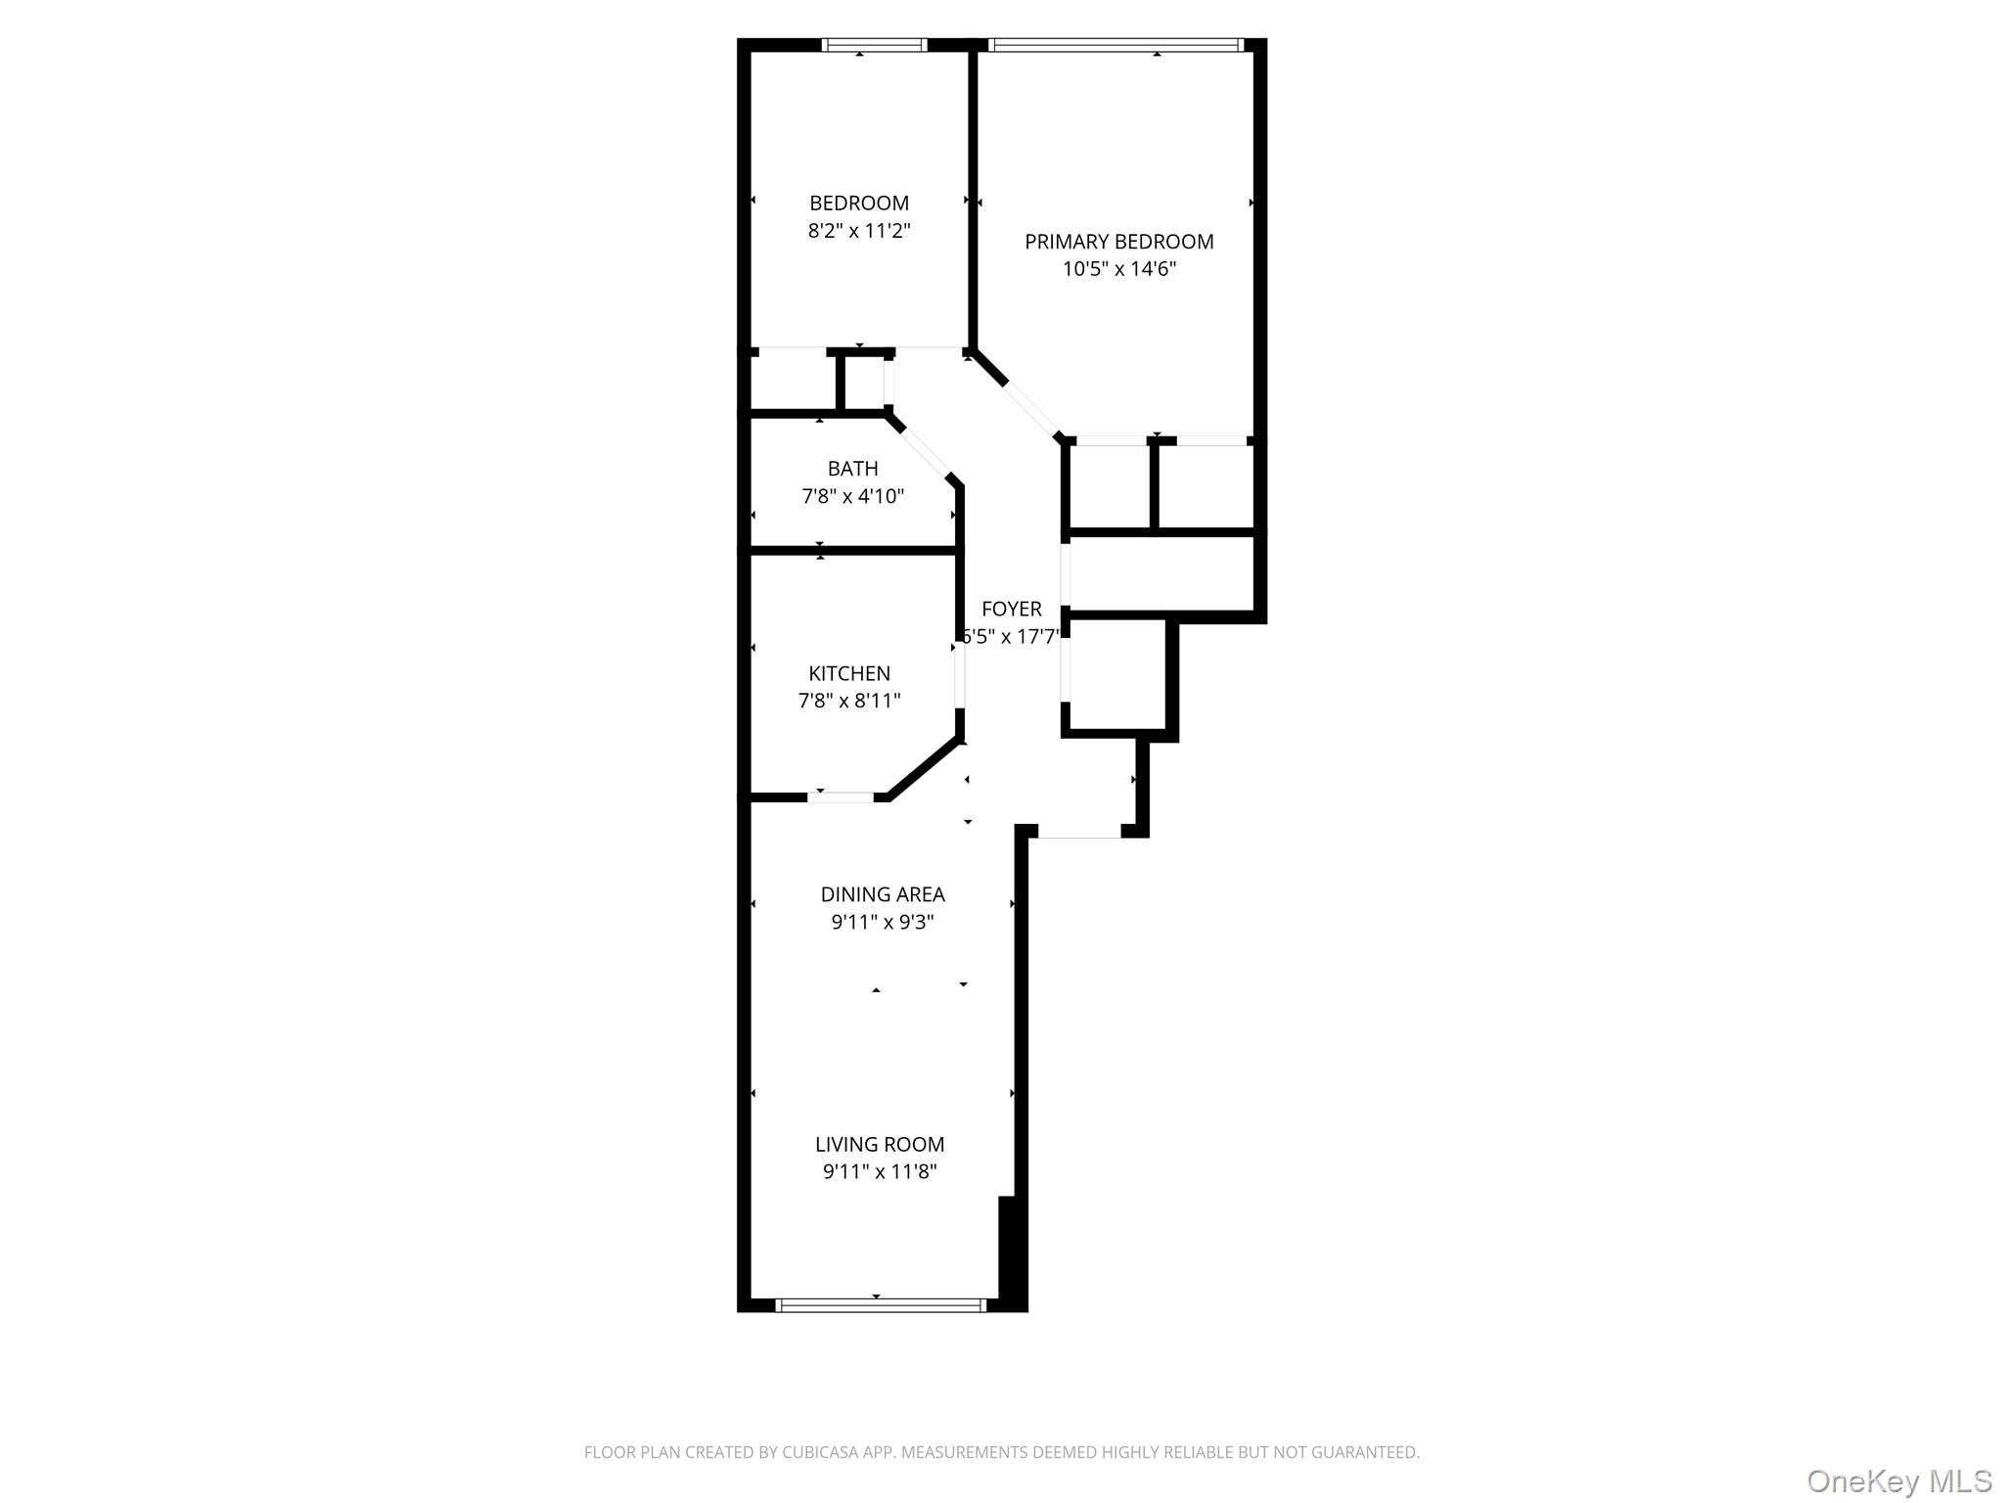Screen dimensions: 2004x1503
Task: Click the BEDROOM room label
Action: point(859,204)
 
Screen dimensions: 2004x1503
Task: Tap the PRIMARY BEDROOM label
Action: point(1119,242)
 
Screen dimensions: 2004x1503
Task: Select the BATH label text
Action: point(853,469)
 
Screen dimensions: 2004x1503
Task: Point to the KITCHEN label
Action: point(849,673)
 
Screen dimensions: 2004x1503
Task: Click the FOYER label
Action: point(1012,609)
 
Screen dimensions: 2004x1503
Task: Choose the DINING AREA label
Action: point(883,894)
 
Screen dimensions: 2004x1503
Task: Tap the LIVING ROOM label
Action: point(880,1145)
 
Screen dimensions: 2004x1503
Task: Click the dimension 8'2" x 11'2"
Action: point(859,231)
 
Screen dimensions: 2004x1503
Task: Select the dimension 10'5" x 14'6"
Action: point(1119,269)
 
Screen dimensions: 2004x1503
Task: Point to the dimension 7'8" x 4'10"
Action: point(853,496)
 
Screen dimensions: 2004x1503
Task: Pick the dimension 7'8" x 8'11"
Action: point(849,701)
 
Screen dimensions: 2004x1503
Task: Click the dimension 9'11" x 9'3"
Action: point(883,922)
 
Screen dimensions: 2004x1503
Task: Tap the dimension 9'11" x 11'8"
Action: point(880,1172)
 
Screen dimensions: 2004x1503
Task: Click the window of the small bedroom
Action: point(874,44)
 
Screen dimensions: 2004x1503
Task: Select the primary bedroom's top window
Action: point(1116,44)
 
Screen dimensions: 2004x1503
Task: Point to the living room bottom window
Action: point(881,1305)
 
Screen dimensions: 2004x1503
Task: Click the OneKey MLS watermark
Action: point(1899,1481)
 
